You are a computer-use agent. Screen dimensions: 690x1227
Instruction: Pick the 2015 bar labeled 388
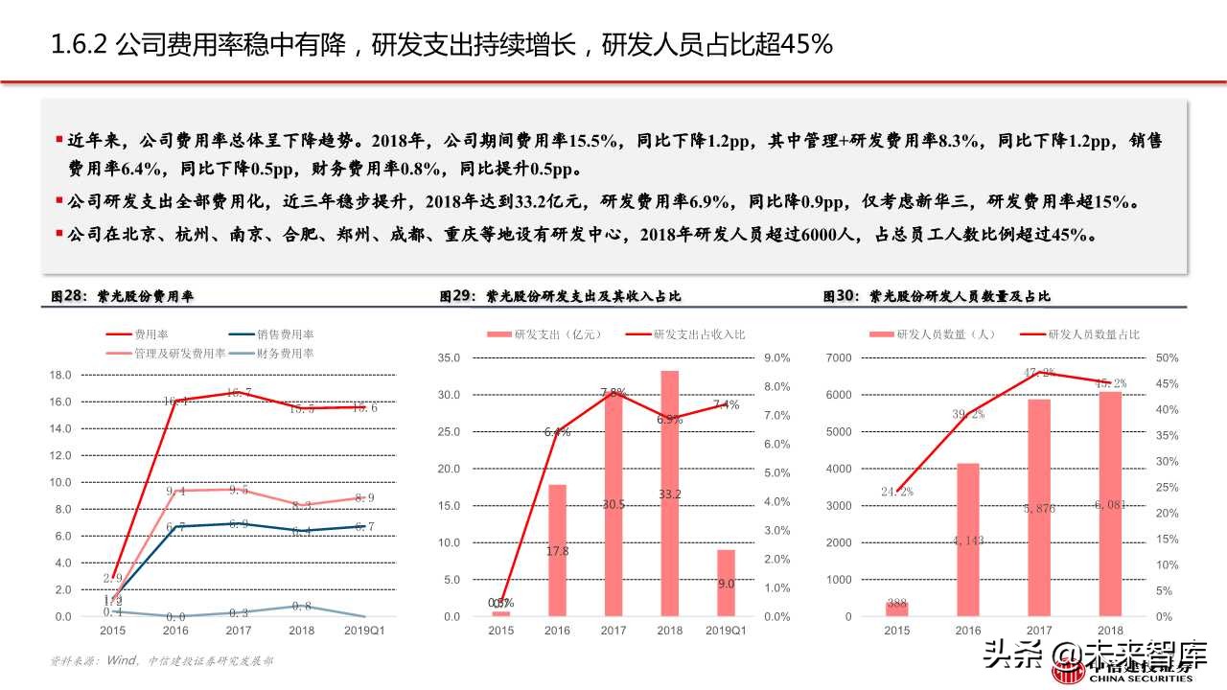point(896,609)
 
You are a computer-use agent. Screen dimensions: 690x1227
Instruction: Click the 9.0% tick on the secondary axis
point(776,357)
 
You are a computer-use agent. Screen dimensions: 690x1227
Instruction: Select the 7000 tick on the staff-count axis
point(838,357)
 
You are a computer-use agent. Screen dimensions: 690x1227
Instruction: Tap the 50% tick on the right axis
point(1168,357)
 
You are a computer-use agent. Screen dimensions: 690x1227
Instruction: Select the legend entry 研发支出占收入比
point(699,334)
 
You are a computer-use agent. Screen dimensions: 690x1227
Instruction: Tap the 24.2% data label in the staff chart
point(897,492)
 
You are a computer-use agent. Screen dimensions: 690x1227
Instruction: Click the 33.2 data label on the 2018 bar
point(669,494)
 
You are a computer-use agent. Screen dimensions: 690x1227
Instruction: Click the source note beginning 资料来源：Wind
point(162,660)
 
